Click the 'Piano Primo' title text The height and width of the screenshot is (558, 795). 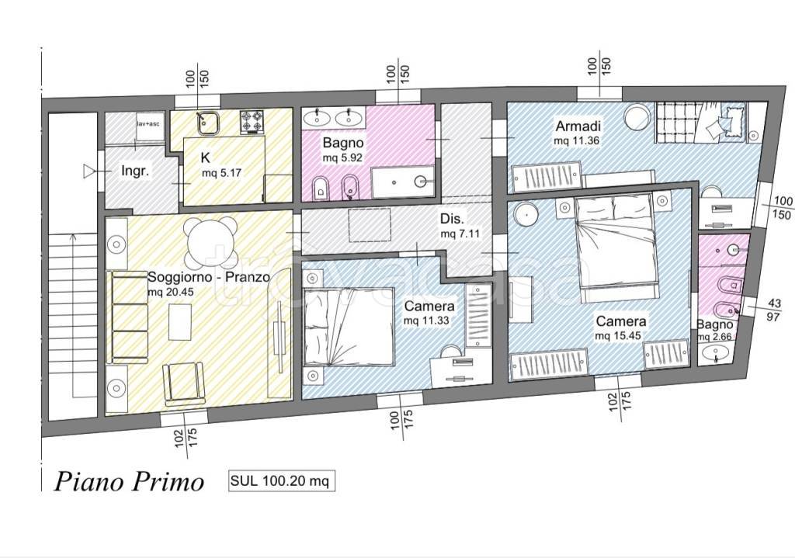click(129, 481)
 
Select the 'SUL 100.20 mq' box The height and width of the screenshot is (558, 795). click(281, 480)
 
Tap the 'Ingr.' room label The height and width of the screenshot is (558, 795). click(135, 171)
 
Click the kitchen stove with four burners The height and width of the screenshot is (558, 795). click(252, 122)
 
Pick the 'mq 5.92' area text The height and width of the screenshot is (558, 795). click(342, 158)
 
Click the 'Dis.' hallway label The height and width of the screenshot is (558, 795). click(452, 219)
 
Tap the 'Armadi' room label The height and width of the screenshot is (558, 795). click(578, 126)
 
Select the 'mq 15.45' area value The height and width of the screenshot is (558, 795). click(618, 335)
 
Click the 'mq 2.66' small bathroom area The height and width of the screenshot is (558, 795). click(714, 337)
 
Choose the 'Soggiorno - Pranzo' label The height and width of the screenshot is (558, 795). click(208, 277)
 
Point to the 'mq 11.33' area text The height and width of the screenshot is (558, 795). click(426, 321)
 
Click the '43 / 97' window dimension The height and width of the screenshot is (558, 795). click(774, 310)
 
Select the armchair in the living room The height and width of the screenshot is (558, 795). click(183, 382)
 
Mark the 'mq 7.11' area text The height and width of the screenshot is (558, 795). click(460, 234)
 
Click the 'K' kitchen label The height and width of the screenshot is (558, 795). click(205, 158)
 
